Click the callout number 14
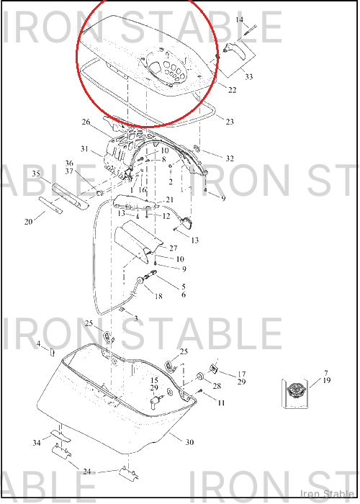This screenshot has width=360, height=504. [240, 20]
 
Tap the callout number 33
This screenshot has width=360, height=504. [249, 76]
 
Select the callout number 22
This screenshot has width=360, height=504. [232, 90]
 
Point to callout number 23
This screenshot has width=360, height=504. [230, 122]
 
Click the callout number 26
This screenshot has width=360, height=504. [86, 122]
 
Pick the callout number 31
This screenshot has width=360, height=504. [84, 149]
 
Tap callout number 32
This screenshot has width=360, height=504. [230, 158]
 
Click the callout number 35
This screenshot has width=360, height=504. [36, 174]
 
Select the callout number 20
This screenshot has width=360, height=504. [28, 222]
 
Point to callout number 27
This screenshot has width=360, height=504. [173, 248]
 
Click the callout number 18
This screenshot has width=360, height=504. [158, 296]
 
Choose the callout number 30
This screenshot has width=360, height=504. [189, 442]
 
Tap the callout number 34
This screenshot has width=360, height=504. [37, 443]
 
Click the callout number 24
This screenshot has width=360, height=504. [87, 472]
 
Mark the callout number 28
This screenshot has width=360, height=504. [217, 385]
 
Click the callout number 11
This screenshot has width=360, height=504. [221, 402]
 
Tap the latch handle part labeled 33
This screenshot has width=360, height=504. [235, 51]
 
